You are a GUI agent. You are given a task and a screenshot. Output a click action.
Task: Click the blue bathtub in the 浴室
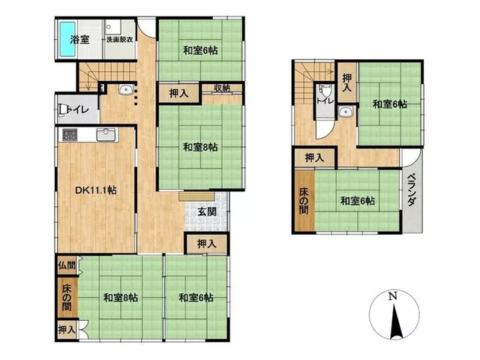tap(67, 39)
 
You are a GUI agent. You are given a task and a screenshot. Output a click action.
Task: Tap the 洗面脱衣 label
tap(119, 40)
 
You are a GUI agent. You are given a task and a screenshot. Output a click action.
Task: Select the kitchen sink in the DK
tap(106, 134)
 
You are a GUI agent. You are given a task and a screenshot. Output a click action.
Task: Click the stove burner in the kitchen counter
tap(70, 135)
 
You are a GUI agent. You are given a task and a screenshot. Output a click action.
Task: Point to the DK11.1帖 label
tap(96, 190)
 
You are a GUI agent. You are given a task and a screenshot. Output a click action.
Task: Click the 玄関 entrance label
tap(207, 211)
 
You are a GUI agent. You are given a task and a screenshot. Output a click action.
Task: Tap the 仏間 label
tap(67, 265)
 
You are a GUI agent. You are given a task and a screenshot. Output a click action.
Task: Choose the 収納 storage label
tap(222, 88)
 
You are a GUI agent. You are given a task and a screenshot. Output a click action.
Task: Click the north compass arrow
tap(395, 322)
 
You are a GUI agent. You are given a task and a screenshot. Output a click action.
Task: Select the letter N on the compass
tap(393, 296)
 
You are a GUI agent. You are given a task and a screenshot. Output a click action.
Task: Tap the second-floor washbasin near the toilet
tap(346, 112)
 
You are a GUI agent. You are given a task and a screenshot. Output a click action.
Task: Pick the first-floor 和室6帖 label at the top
tap(200, 50)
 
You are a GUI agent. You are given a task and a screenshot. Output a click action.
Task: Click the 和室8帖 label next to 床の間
tap(120, 298)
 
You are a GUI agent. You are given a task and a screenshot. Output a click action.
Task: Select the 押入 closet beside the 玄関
tap(207, 244)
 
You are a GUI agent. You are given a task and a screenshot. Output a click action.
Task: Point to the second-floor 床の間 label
tap(304, 201)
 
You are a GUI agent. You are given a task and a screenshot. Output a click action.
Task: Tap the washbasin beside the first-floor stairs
tap(125, 90)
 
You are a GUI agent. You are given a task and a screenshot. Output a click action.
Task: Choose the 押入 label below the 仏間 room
tap(67, 330)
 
